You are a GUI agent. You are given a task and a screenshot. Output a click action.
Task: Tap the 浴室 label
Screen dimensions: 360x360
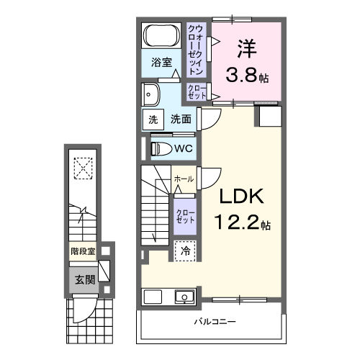161,63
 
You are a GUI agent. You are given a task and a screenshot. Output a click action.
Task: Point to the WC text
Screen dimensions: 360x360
183,149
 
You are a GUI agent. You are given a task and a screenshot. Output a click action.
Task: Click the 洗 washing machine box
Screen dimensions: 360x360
153,120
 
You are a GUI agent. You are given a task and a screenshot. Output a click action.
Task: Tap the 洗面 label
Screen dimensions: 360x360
180,120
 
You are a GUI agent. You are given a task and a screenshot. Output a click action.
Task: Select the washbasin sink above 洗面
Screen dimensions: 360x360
152,94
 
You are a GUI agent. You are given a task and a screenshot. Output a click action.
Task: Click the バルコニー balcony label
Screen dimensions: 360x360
214,322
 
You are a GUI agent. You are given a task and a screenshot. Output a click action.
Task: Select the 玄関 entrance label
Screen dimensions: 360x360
84,280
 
